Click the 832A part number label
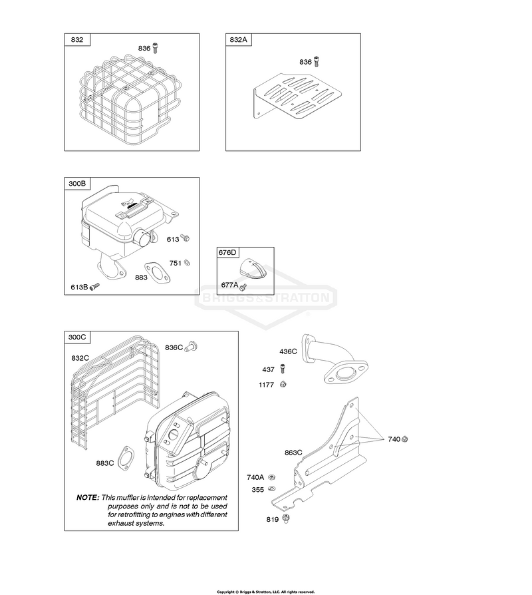238,39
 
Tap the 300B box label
77,184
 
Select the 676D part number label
227,252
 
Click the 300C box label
77,337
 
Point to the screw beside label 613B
94,286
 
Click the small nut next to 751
187,263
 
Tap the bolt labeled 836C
191,347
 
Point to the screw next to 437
283,369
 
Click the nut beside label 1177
283,385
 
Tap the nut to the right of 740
404,439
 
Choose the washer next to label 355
271,489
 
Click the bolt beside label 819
287,518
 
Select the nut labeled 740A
271,477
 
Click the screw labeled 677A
243,286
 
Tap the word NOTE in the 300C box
88,497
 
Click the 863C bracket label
293,453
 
